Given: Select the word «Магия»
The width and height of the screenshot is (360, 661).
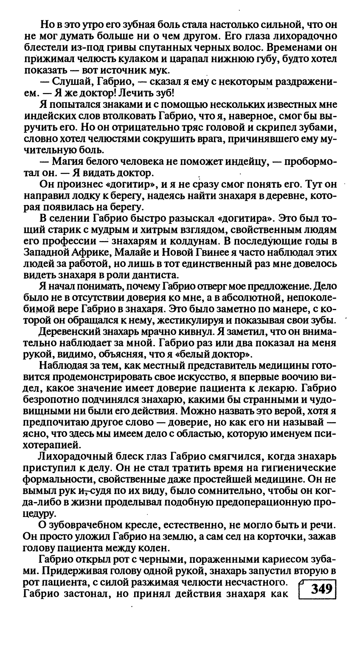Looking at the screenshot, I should [68, 162].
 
